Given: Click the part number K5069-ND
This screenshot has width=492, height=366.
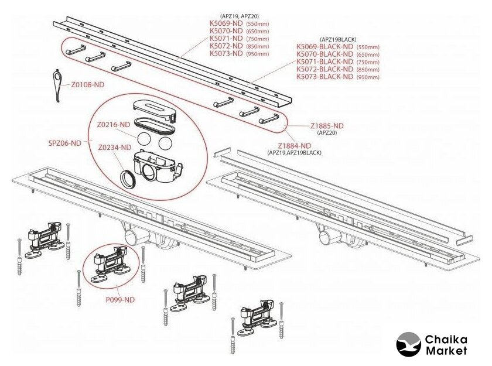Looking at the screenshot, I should point(226,24).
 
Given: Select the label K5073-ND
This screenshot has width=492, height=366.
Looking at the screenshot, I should point(226,53).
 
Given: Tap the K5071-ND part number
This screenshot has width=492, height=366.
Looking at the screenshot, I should point(226,39).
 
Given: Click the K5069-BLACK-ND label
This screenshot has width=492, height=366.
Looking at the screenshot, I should point(324,46).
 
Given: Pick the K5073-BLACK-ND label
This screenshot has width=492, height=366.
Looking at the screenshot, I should point(324,77).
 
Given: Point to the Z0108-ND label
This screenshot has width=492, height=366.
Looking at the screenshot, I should point(88,84).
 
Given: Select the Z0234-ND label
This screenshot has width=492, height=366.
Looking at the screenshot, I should point(114,148).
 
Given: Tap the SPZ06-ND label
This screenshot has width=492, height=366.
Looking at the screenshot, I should point(64,142).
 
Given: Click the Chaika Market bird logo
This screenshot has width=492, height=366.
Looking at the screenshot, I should point(408,344).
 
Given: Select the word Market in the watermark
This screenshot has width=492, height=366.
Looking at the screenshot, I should point(447,350).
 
